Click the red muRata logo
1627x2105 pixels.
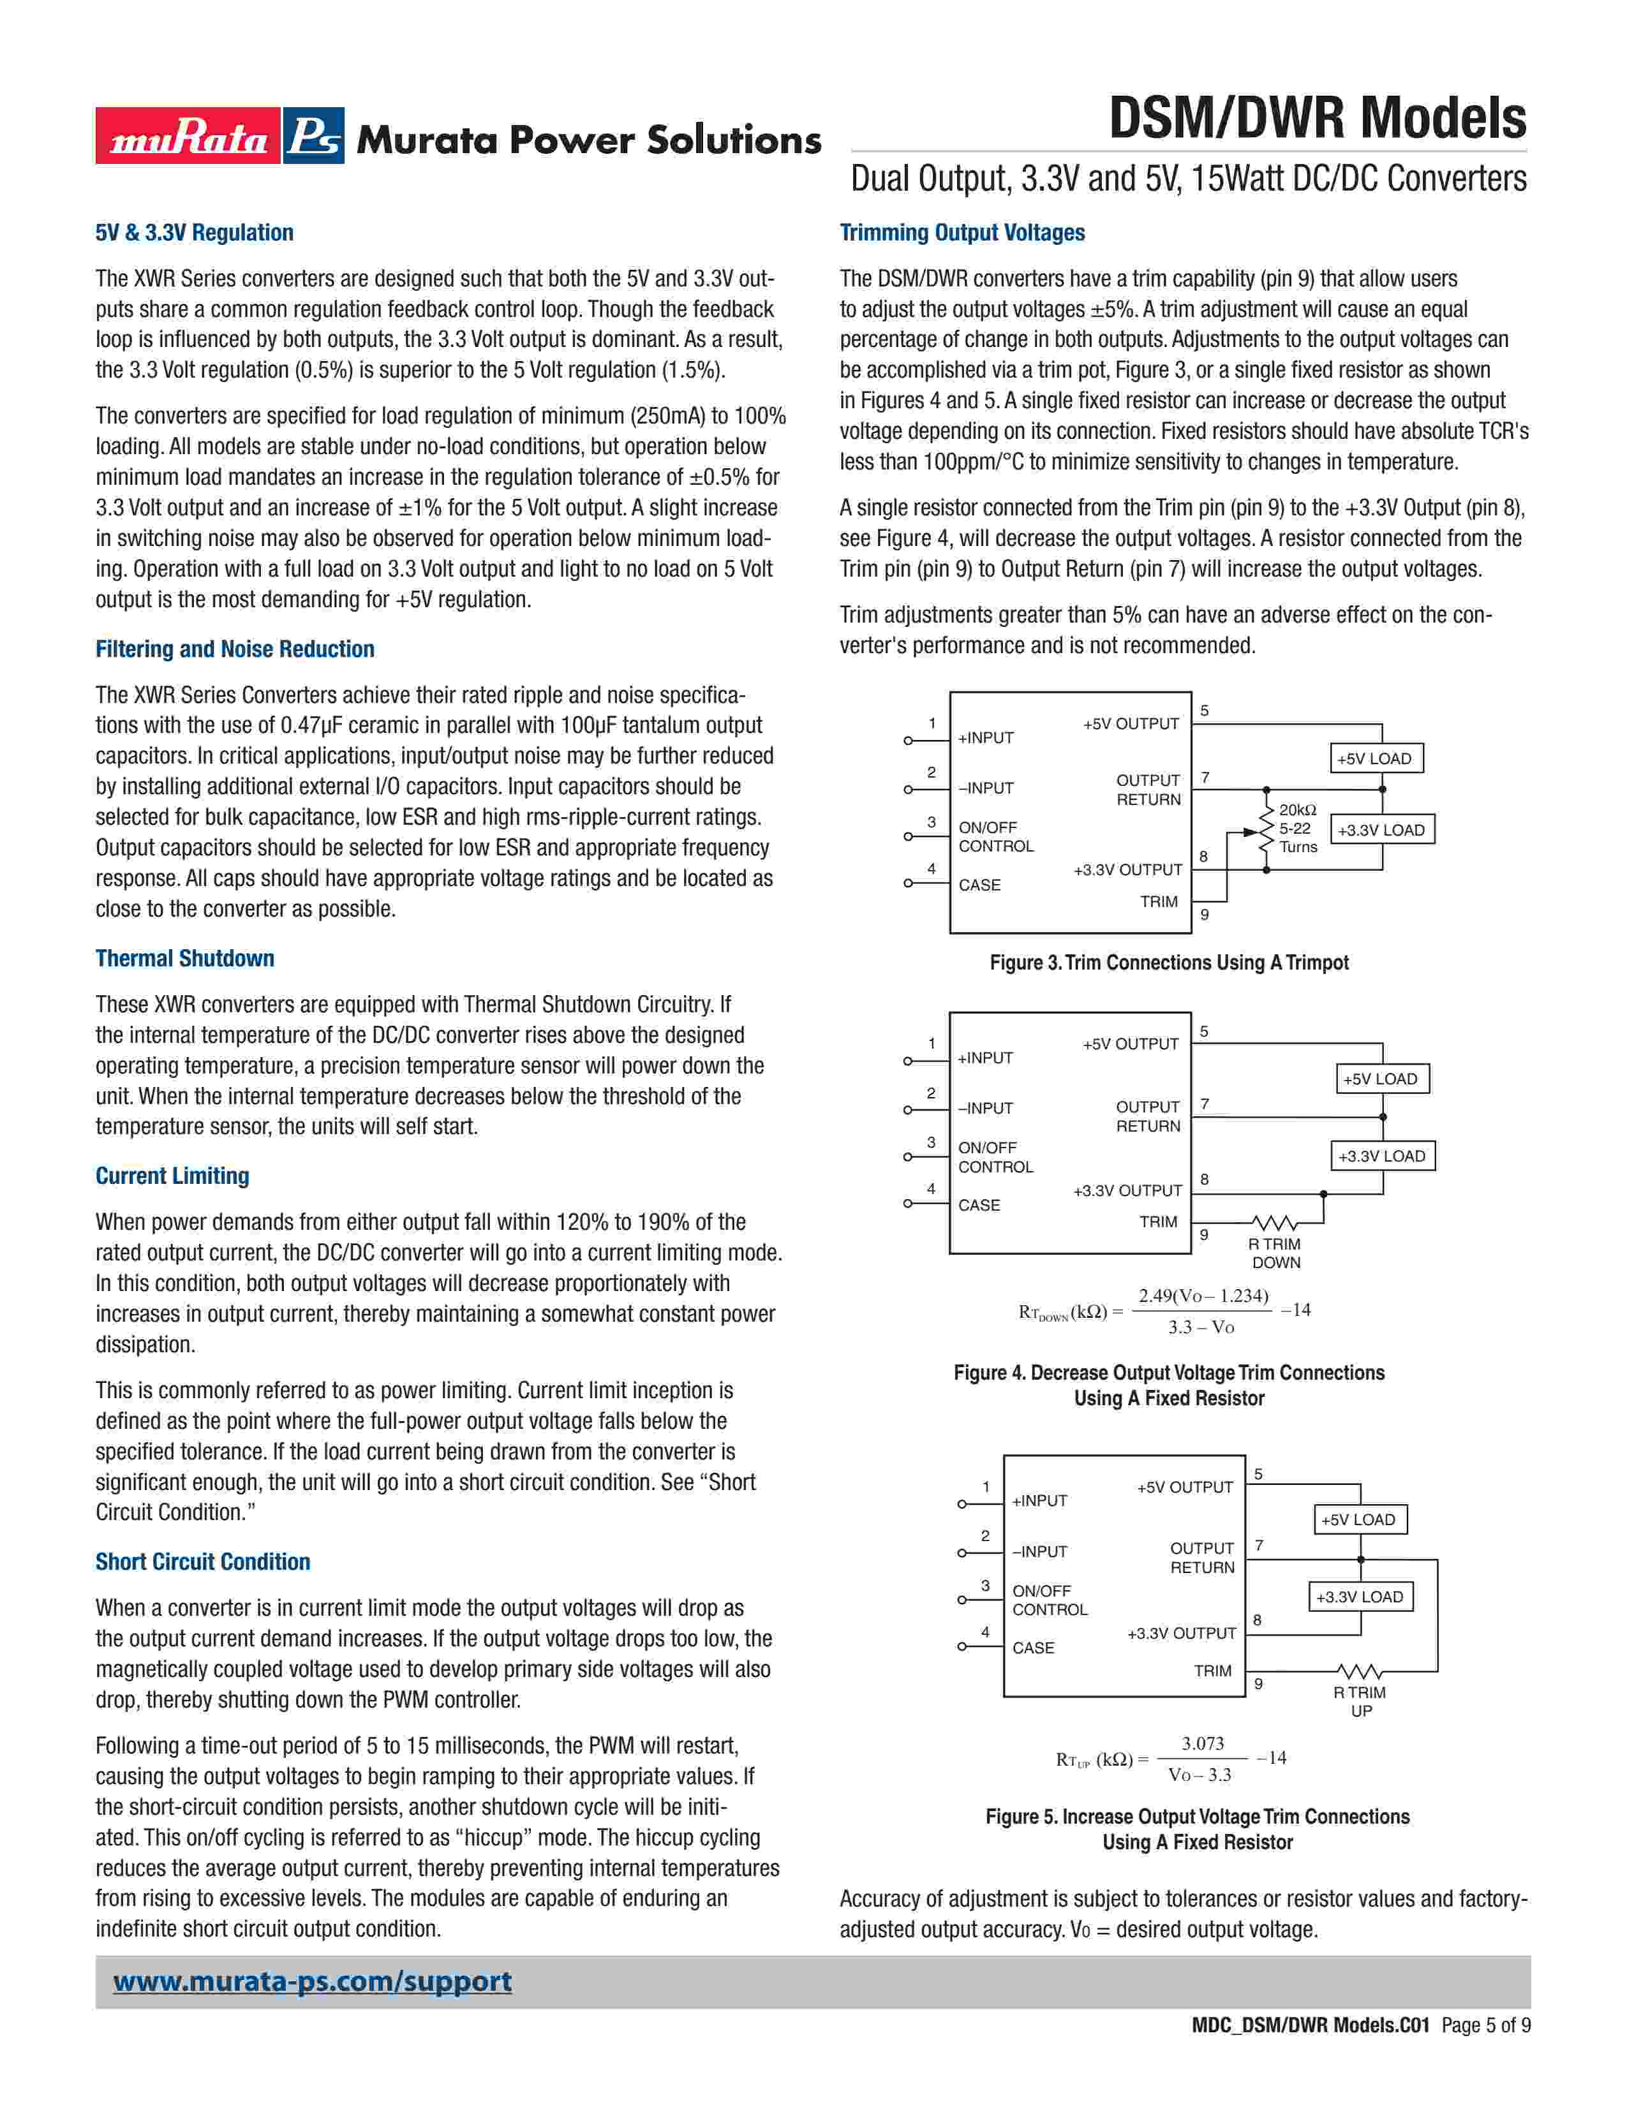188,136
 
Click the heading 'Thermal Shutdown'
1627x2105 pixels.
185,958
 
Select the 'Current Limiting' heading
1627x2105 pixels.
172,1176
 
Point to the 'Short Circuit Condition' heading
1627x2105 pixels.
202,1562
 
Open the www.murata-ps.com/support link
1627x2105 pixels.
312,1982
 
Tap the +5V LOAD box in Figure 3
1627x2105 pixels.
1376,758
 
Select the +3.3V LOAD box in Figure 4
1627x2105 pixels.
1382,1156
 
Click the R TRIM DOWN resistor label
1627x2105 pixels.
1275,1253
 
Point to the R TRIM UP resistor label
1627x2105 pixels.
1360,1701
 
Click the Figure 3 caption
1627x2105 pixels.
1169,962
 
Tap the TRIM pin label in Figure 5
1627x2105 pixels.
1212,1671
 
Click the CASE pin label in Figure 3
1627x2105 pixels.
979,885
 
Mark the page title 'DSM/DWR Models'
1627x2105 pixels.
1317,119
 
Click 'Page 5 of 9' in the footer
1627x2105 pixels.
1485,2052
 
